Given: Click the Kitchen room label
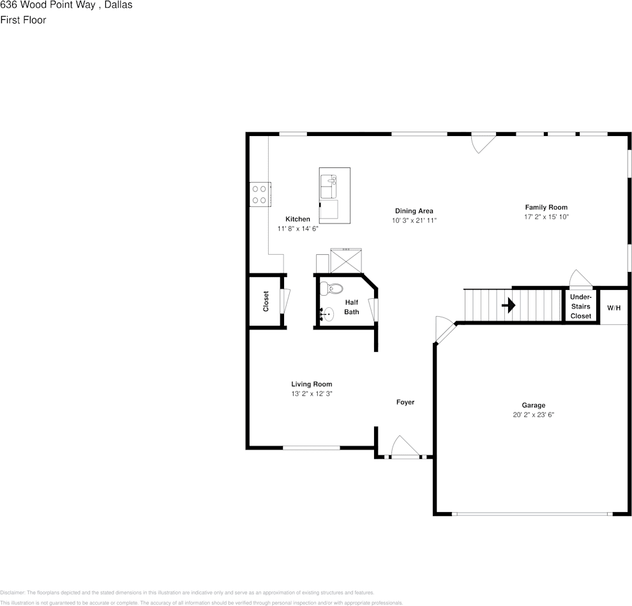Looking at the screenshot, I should click(297, 219).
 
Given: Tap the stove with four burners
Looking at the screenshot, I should click(260, 194).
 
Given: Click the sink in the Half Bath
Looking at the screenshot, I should click(328, 314).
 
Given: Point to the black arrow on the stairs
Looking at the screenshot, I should click(509, 306).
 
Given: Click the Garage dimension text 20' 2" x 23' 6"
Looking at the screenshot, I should click(533, 414).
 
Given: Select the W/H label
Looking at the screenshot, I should click(613, 308).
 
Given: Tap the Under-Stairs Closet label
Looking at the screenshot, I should click(580, 307).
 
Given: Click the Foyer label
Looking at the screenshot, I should click(405, 402).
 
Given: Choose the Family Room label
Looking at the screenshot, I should click(546, 208).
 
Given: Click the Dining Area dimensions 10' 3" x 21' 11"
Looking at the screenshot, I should click(414, 220).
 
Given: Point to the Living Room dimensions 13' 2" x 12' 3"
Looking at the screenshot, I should click(312, 394).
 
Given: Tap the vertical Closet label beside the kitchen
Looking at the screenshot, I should click(266, 301).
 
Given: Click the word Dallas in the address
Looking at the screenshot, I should click(118, 5).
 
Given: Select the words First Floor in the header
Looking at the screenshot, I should click(23, 20).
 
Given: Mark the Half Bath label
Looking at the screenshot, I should click(352, 307).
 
